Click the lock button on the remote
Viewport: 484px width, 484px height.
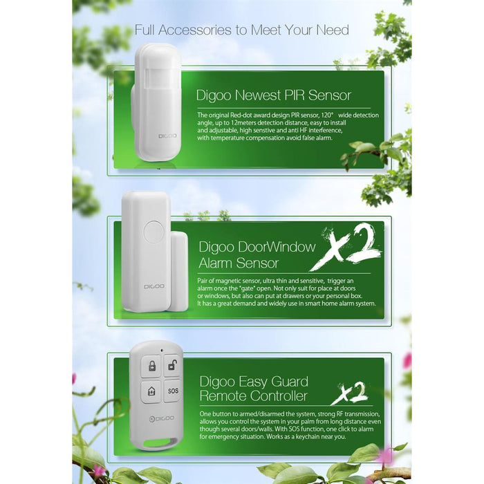[151, 366]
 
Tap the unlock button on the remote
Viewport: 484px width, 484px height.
[173, 366]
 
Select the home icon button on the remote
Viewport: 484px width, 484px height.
[151, 391]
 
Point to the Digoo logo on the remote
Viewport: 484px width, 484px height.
[162, 418]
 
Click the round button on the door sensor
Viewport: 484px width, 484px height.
[153, 231]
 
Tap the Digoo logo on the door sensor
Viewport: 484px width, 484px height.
[154, 286]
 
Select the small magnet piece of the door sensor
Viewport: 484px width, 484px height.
[178, 271]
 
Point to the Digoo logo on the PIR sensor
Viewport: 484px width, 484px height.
[167, 136]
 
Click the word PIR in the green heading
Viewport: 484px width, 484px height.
[294, 95]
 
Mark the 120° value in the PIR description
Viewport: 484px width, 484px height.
[328, 115]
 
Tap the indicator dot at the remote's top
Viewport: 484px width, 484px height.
[162, 351]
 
